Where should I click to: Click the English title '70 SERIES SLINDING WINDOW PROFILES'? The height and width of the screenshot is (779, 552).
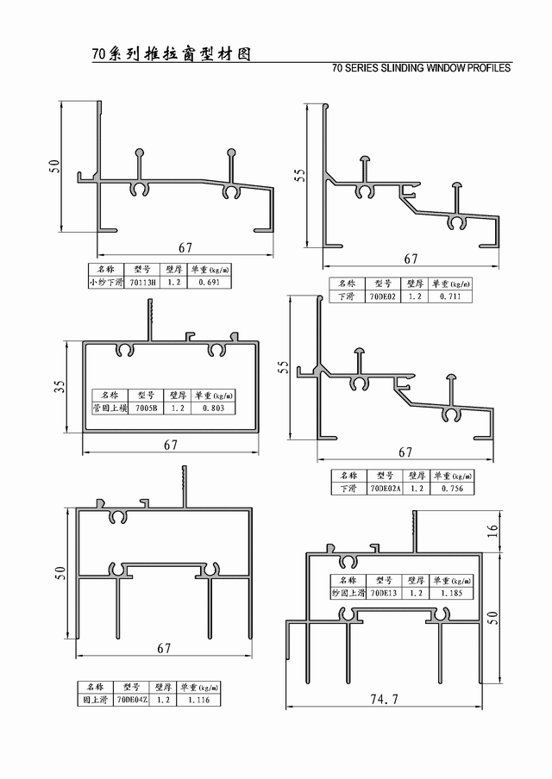[421, 68]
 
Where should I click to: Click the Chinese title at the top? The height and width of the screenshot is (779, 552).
[171, 53]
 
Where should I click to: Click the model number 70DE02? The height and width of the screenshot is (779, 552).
[382, 296]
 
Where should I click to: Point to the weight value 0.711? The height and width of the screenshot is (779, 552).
[449, 296]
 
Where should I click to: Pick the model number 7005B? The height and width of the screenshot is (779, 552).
[147, 408]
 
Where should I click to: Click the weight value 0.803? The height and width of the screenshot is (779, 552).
[213, 408]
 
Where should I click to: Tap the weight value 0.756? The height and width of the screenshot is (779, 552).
[451, 489]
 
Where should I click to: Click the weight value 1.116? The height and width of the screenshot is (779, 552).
[198, 701]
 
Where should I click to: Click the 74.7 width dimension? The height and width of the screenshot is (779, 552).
[384, 700]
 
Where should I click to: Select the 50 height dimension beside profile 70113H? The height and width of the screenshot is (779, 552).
[53, 165]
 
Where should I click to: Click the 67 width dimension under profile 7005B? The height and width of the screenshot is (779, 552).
[171, 445]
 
